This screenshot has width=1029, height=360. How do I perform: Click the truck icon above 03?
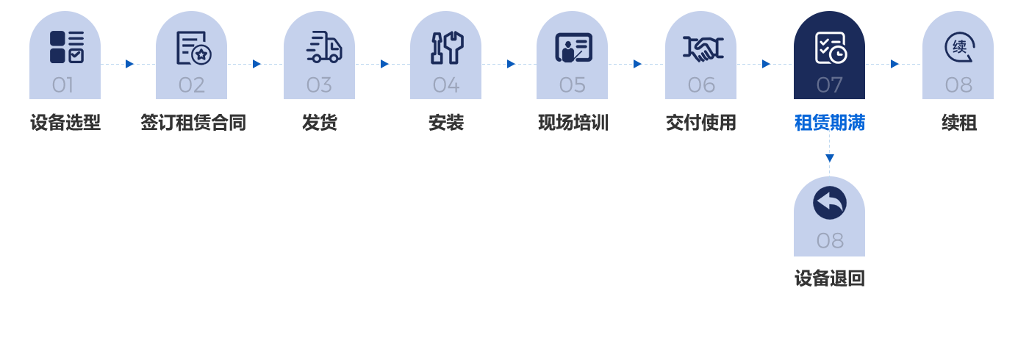click(x=323, y=47)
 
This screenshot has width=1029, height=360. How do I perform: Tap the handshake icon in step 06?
click(x=703, y=48)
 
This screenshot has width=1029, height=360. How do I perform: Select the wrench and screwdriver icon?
click(x=446, y=48)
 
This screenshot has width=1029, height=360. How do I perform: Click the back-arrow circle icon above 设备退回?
click(x=829, y=203)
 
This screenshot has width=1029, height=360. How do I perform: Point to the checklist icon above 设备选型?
click(x=66, y=47)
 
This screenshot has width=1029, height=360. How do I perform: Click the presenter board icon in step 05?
click(x=573, y=48)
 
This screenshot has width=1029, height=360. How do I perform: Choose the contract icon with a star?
click(x=193, y=48)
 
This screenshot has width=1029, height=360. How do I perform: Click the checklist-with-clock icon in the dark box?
click(x=831, y=48)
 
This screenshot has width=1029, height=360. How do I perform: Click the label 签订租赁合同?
click(x=193, y=123)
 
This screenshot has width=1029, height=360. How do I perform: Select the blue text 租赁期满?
click(x=829, y=123)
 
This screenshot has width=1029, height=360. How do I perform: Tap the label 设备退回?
click(x=829, y=278)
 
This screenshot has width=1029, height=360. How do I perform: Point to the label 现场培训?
click(x=573, y=123)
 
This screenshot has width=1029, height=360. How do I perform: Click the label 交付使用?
click(x=701, y=123)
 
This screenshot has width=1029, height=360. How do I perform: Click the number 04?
click(x=446, y=85)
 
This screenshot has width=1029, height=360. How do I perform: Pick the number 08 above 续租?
click(x=958, y=85)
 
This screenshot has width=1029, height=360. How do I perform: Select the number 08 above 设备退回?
click(x=830, y=240)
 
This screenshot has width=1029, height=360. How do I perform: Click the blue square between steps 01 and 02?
click(x=130, y=65)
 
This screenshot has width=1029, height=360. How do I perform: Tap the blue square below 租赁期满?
click(x=830, y=159)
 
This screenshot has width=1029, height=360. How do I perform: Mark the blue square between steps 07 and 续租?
click(x=894, y=65)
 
